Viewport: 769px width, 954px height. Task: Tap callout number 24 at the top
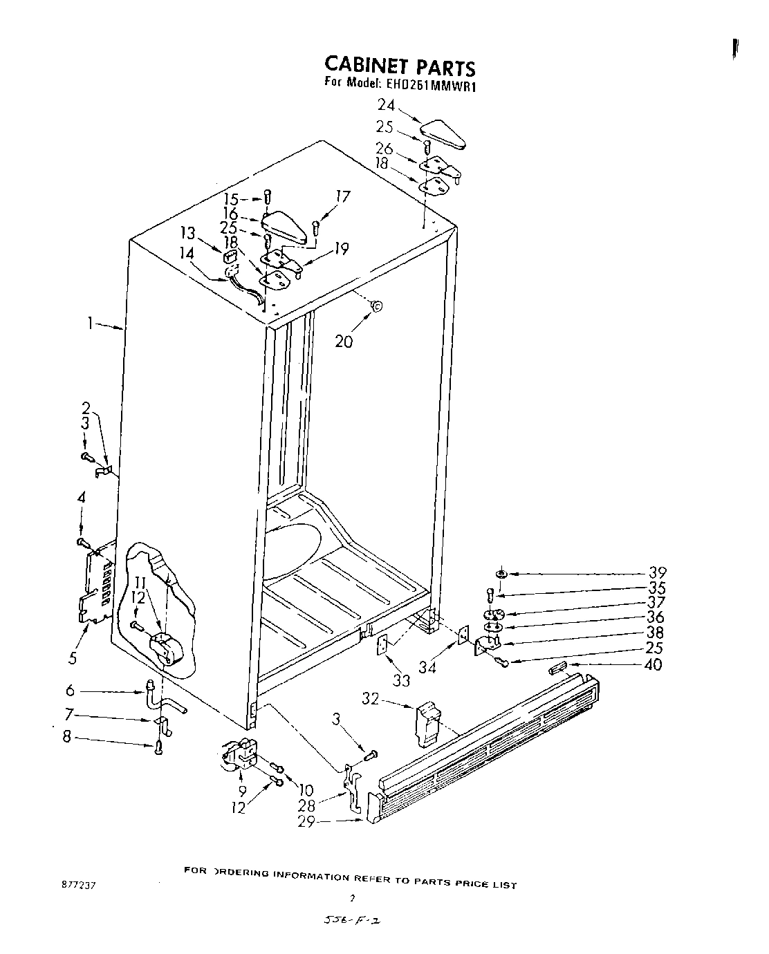[x=387, y=106]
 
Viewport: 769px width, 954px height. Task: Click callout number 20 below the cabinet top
[x=344, y=341]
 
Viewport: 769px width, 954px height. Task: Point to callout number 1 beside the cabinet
[x=91, y=324]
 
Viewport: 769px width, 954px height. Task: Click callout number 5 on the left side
[x=73, y=658]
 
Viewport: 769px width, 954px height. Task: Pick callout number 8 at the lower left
[x=66, y=738]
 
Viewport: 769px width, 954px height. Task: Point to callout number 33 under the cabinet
[x=401, y=681]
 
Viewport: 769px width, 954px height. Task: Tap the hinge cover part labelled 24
[x=443, y=133]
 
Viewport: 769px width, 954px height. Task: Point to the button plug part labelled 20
[x=376, y=305]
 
